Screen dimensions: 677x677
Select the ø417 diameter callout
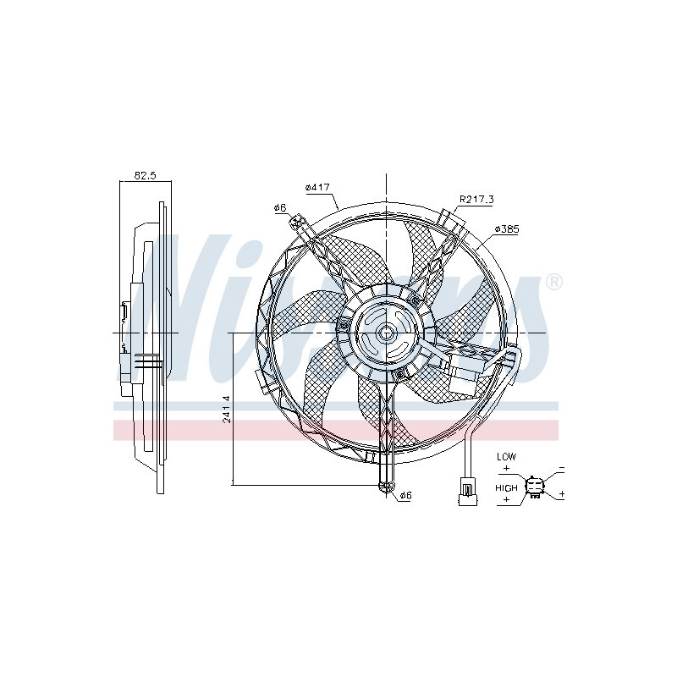point(317,187)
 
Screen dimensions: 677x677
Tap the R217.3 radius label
point(476,200)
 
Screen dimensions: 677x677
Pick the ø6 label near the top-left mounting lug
point(279,207)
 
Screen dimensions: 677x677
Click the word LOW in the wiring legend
point(506,457)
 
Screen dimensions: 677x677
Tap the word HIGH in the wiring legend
point(507,488)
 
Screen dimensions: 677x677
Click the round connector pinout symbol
point(535,486)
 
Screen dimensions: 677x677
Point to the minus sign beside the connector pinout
point(562,468)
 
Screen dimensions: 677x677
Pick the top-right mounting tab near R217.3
point(454,223)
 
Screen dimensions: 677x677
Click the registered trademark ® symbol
point(553,282)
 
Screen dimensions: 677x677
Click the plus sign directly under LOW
point(506,468)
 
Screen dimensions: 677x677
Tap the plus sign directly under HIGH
point(506,499)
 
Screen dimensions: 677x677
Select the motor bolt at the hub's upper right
point(414,301)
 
